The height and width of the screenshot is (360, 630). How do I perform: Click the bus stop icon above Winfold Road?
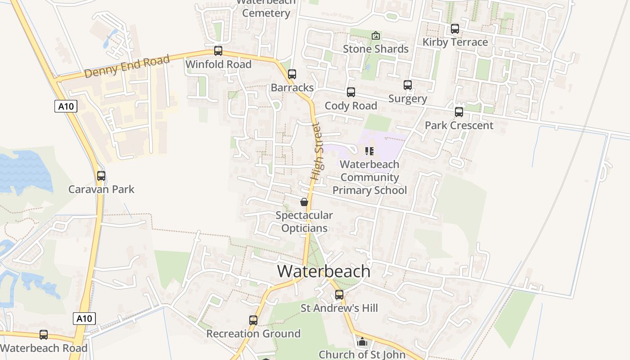pyautogui.click(x=218, y=51)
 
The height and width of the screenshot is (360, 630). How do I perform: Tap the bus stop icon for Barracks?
pyautogui.click(x=292, y=74)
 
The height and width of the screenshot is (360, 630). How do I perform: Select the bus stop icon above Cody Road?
pyautogui.click(x=351, y=92)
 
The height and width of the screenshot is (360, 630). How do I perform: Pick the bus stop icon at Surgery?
pyautogui.click(x=408, y=85)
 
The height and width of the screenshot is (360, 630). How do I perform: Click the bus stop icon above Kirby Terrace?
pyautogui.click(x=455, y=29)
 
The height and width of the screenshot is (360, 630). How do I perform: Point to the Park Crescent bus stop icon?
pyautogui.click(x=459, y=112)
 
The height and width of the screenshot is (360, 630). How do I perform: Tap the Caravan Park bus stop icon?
pyautogui.click(x=101, y=176)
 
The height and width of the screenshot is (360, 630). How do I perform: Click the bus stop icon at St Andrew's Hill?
pyautogui.click(x=339, y=295)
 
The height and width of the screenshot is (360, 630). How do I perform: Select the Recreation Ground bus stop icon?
pyautogui.click(x=253, y=320)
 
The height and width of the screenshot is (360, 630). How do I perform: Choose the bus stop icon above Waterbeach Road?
pyautogui.click(x=44, y=335)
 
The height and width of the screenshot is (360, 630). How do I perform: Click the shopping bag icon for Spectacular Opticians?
pyautogui.click(x=304, y=202)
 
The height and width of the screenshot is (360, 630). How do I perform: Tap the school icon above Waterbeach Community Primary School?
pyautogui.click(x=369, y=151)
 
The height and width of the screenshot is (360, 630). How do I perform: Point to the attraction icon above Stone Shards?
pyautogui.click(x=376, y=36)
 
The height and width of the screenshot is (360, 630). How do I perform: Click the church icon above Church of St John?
pyautogui.click(x=362, y=342)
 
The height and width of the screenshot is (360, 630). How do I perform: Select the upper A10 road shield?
pyautogui.click(x=66, y=107)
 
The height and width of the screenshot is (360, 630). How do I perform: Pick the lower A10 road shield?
pyautogui.click(x=84, y=319)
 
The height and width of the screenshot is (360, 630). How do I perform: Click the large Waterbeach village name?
pyautogui.click(x=324, y=271)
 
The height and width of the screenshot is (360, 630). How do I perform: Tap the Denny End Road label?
pyautogui.click(x=127, y=66)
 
